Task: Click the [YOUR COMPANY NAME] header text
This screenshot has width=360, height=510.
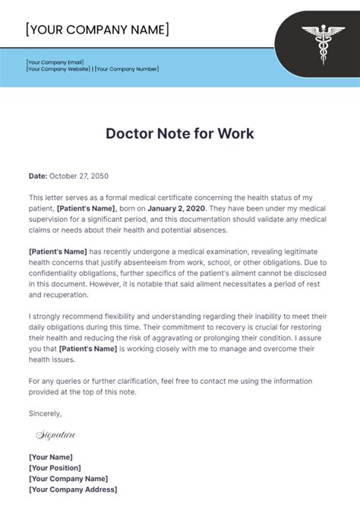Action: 97,30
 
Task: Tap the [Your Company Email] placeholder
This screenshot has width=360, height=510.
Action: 55,62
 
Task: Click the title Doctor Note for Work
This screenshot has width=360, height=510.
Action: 179,134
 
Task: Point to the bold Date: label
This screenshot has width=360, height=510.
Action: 38,176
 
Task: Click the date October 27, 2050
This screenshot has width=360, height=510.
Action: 79,176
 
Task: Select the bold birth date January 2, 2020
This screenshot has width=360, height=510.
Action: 178,207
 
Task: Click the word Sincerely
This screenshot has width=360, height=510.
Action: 46,413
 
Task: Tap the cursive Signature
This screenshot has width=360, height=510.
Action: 56,436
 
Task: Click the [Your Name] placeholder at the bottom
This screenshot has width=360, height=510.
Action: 50,457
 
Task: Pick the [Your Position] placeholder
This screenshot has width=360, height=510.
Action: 55,467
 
